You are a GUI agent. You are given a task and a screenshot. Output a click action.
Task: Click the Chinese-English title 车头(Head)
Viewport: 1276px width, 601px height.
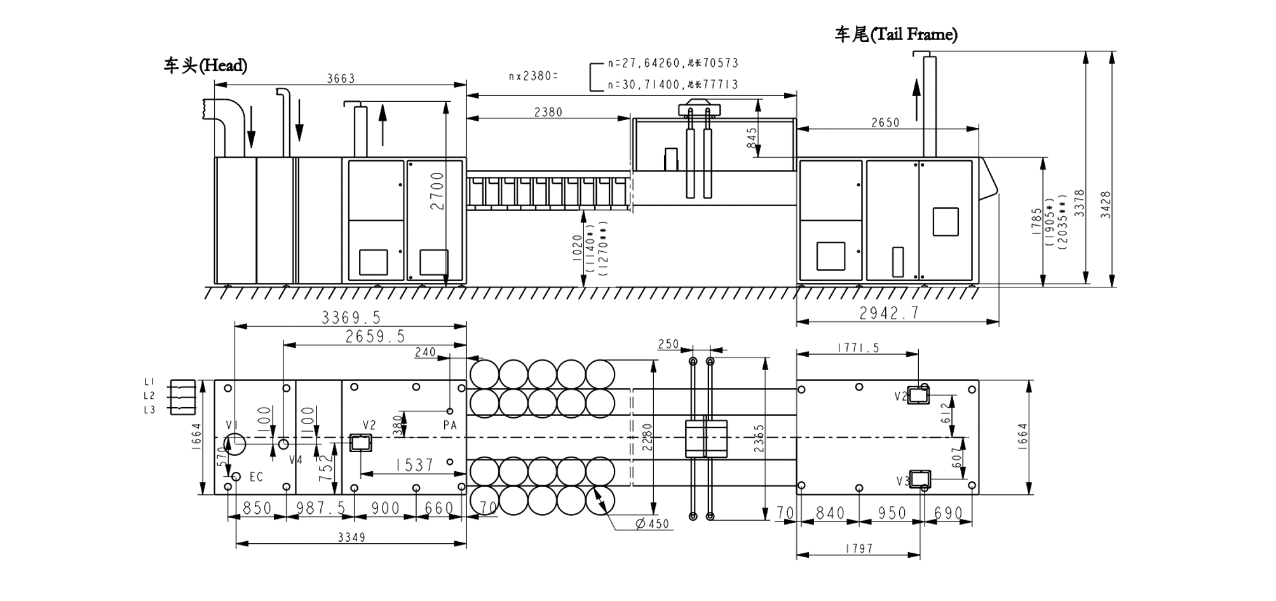(205, 66)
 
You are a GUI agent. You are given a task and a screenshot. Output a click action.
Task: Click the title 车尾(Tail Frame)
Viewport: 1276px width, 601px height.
(895, 34)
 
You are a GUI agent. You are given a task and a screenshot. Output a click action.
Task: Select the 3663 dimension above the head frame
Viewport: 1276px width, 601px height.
(341, 78)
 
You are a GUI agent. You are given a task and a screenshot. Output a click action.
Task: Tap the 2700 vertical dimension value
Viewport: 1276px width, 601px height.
(437, 191)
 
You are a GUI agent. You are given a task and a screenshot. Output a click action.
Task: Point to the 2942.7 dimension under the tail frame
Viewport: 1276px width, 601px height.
(889, 313)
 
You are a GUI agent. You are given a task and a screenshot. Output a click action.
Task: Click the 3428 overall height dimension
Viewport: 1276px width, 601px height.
(1106, 205)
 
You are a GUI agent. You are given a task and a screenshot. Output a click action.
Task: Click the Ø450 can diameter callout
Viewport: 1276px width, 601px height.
(653, 524)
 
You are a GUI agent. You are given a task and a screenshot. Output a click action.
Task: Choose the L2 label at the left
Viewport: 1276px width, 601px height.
(149, 396)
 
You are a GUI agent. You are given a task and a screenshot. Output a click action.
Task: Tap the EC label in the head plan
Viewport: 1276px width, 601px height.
(256, 477)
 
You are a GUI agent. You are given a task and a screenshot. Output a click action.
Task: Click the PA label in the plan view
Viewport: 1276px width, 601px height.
(450, 425)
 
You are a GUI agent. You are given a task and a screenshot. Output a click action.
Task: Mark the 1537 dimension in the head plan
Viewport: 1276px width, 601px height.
(414, 466)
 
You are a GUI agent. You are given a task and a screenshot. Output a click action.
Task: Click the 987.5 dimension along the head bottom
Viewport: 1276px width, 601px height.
(321, 508)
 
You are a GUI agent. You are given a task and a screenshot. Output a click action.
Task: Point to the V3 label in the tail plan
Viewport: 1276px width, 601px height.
(903, 481)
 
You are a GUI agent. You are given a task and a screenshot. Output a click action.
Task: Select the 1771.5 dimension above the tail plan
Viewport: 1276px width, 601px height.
(858, 347)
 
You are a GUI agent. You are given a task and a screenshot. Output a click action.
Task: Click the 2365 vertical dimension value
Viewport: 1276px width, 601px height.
(759, 438)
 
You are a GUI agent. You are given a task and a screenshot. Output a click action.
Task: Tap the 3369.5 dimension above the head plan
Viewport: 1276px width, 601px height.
(351, 317)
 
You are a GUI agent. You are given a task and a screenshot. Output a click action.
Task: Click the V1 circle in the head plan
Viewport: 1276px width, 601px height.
(235, 444)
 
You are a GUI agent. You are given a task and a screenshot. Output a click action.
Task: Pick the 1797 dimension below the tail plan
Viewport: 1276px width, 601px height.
(859, 548)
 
